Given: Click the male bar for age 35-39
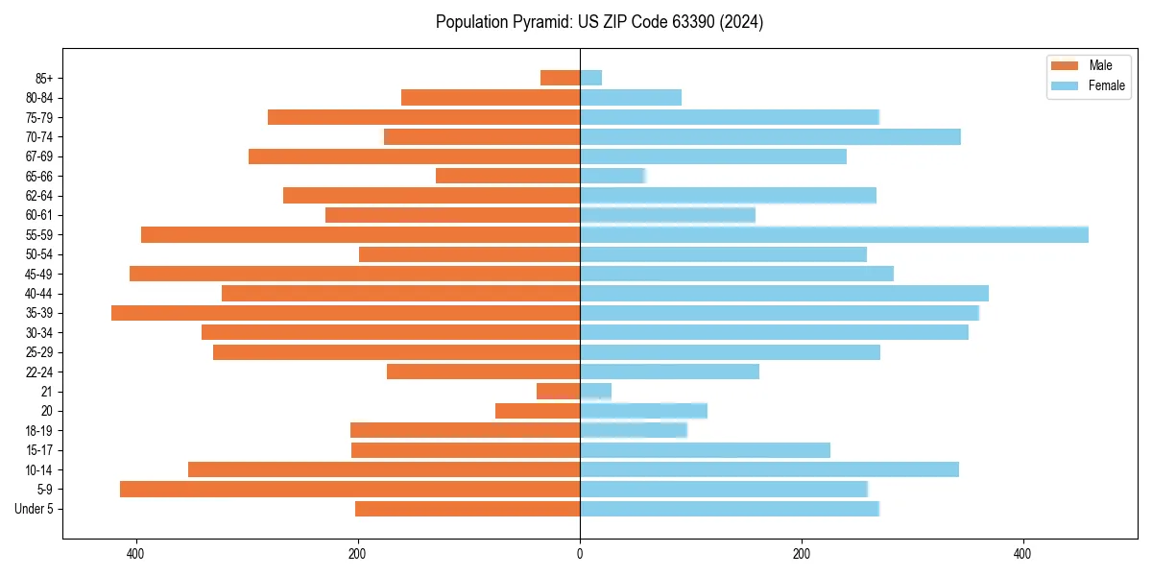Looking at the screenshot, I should [x=346, y=313].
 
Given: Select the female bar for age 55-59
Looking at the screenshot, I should [x=833, y=234].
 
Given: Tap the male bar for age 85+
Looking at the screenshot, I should [x=560, y=78].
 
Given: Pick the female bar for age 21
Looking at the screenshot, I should [x=595, y=391].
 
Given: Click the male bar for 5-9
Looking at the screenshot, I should [x=349, y=489].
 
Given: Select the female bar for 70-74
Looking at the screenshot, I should [x=770, y=136].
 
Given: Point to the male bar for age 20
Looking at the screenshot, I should [x=538, y=411].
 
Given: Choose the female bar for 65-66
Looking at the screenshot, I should [x=612, y=176].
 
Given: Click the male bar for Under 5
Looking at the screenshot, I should [x=468, y=509].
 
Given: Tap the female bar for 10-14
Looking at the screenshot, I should [x=769, y=469].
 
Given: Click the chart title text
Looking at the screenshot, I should [x=599, y=22].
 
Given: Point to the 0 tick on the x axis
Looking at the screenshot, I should [x=580, y=554].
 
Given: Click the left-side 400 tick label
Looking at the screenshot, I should [x=135, y=554].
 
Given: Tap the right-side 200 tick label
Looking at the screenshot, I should [x=802, y=554].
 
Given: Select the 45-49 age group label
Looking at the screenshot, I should [x=39, y=274].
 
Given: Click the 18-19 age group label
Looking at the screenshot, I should [x=39, y=430].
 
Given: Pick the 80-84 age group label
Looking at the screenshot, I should [x=39, y=98].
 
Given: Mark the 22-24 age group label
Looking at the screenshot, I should [x=39, y=372].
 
